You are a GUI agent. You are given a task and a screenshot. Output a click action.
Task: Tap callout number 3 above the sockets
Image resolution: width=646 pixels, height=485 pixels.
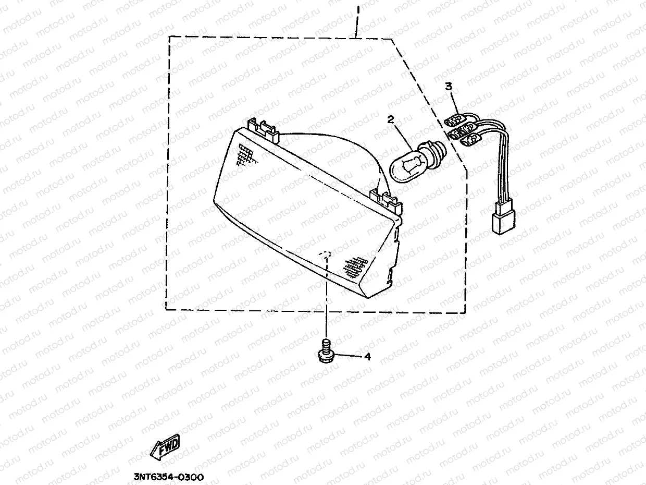point(449,86)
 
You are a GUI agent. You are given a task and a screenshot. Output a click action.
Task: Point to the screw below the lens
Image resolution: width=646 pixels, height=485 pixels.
point(325,350)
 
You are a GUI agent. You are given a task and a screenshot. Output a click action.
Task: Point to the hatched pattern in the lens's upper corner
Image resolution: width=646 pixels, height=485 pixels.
point(245,154)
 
